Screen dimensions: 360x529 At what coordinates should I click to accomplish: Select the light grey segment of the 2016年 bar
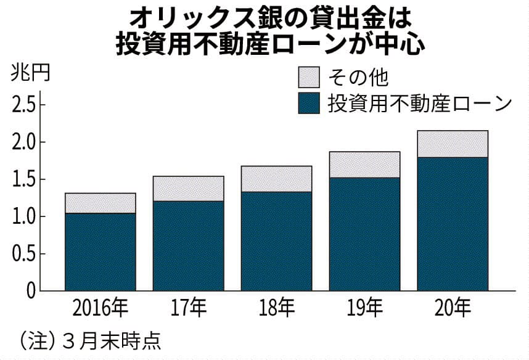[x=100, y=203]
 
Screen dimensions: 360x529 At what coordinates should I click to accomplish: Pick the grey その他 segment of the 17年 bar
[x=188, y=189]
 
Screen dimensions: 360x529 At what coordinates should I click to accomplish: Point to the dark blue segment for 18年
[x=276, y=241]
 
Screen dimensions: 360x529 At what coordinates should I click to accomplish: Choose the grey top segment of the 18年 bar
[x=276, y=179]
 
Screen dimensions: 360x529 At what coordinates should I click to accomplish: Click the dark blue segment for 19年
[x=364, y=234]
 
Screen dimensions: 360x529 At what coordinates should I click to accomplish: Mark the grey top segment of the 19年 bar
[x=364, y=165]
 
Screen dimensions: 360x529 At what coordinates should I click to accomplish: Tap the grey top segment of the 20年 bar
[x=453, y=144]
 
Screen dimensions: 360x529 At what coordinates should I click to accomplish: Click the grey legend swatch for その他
[x=308, y=78]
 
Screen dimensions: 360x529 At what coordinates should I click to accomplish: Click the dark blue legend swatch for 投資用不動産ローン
[x=308, y=103]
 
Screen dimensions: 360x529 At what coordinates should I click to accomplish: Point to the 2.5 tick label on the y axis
[x=23, y=105]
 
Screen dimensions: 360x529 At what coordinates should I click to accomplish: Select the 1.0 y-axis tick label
[x=23, y=216]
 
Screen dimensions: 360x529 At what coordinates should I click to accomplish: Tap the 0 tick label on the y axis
[x=31, y=291]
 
